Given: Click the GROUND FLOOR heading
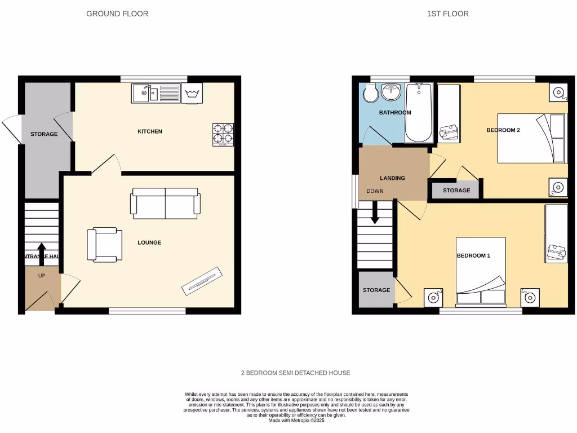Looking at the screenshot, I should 117,14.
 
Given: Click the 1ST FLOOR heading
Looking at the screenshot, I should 447,14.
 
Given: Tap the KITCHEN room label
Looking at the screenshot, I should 150,131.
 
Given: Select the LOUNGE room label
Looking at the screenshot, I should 149,242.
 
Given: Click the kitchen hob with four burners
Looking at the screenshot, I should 223,134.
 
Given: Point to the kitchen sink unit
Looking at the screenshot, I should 155,94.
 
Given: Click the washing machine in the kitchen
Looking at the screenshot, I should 193,94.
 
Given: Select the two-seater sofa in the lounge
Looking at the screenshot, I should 165,203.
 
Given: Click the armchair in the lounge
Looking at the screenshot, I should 105,245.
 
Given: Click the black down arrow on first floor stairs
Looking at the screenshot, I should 375,212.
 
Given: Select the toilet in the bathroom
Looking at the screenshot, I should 370,94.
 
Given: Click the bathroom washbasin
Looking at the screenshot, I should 390,91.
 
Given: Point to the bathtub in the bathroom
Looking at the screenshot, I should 419,113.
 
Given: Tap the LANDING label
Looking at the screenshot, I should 392,178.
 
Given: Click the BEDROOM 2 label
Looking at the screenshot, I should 503,130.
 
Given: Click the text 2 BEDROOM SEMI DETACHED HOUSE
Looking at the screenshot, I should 295,373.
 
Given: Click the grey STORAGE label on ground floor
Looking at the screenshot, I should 44,134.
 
